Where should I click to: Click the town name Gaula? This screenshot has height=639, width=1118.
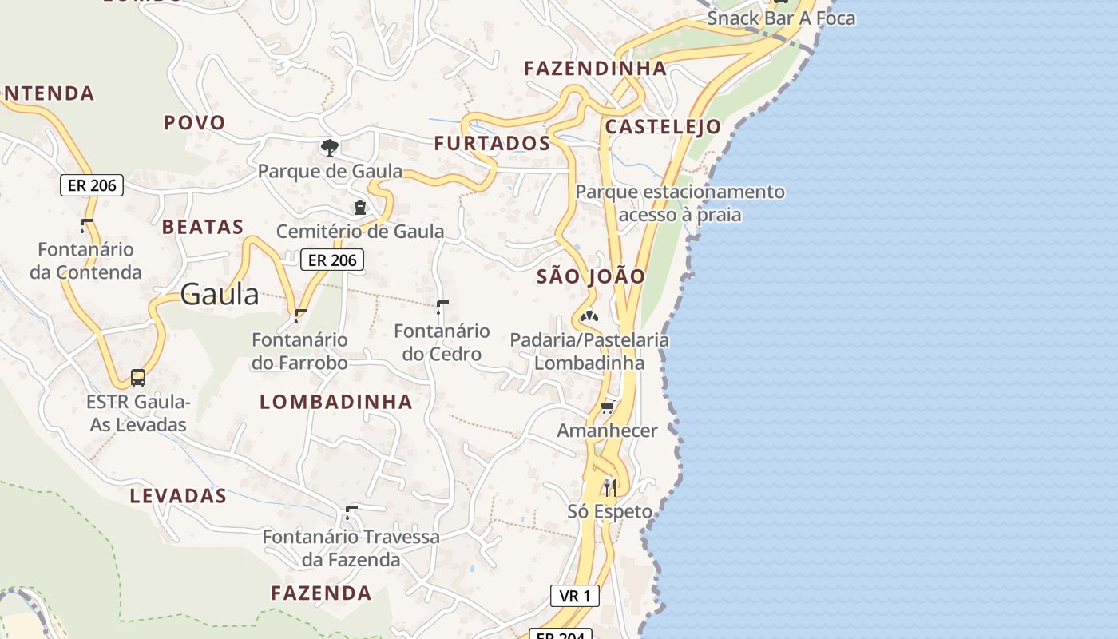[220, 295]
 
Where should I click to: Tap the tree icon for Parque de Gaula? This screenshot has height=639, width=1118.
[329, 147]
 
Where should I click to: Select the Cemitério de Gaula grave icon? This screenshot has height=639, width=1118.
[360, 208]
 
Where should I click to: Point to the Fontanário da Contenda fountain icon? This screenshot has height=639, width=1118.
[85, 226]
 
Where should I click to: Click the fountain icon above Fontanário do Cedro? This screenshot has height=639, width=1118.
[442, 308]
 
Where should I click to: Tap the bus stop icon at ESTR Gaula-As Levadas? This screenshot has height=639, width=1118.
[138, 377]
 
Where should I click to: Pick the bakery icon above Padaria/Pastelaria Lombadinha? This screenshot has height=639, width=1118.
[589, 316]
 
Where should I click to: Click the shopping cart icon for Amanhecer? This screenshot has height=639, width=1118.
[607, 407]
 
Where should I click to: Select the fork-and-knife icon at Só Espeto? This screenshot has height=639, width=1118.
[610, 487]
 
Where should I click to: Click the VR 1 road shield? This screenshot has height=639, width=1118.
[574, 596]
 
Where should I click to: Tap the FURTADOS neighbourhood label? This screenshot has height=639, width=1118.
[492, 144]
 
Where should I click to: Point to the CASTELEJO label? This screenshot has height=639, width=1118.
[663, 127]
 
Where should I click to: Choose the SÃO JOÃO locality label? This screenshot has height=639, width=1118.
[591, 277]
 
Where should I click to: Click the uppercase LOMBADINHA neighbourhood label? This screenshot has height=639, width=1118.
[336, 402]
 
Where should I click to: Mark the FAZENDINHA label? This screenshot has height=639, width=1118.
[595, 69]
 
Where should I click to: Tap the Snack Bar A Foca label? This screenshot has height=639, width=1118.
[781, 18]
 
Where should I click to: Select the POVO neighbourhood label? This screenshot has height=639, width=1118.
[195, 123]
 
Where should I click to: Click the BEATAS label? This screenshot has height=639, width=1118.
[203, 228]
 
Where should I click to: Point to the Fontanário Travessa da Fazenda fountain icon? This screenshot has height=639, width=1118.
[351, 511]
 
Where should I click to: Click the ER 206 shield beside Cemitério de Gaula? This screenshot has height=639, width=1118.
[332, 260]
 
